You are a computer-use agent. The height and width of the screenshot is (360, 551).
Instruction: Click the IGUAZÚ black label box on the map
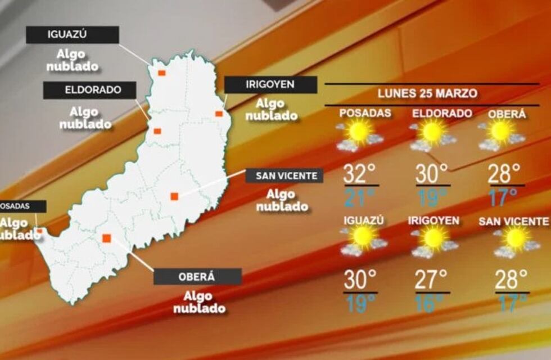[x=73, y=35]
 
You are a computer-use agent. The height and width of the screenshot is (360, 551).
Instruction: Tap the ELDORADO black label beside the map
[x=90, y=90]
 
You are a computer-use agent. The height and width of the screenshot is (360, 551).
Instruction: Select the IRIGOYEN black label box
[x=270, y=85]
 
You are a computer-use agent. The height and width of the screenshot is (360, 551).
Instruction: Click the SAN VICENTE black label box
[x=284, y=175]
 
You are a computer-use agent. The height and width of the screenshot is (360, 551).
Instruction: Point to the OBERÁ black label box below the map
[x=197, y=277]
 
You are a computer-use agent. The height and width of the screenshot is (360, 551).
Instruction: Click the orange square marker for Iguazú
[x=161, y=73]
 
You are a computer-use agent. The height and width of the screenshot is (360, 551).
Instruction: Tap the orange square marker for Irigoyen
[x=219, y=114]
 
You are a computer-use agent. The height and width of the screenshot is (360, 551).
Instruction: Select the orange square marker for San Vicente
[x=174, y=196]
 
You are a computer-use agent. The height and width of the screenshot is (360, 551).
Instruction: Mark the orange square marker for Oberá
[x=106, y=238]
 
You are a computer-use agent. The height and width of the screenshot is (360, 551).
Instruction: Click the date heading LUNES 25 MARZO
[x=427, y=93]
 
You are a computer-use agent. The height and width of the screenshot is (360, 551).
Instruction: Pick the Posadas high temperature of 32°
[x=359, y=174]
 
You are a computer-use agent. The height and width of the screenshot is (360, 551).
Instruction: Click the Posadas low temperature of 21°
[x=359, y=197]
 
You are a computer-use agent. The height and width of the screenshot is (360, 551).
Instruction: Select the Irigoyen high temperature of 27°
[x=431, y=280]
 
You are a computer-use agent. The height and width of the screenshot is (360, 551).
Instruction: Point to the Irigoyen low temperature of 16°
[x=431, y=303]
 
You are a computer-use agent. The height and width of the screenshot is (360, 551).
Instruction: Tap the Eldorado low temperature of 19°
[x=431, y=197]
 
